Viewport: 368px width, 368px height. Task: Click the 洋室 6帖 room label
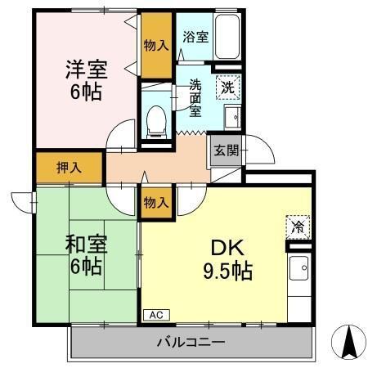click(83, 79)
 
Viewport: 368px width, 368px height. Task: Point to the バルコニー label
click(191, 342)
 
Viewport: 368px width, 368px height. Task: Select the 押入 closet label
click(69, 168)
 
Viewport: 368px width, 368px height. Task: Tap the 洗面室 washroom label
click(195, 96)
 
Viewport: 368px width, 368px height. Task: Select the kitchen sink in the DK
click(299, 267)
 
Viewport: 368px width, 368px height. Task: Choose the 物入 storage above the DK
click(155, 201)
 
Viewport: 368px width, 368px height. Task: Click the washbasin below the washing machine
click(231, 115)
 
